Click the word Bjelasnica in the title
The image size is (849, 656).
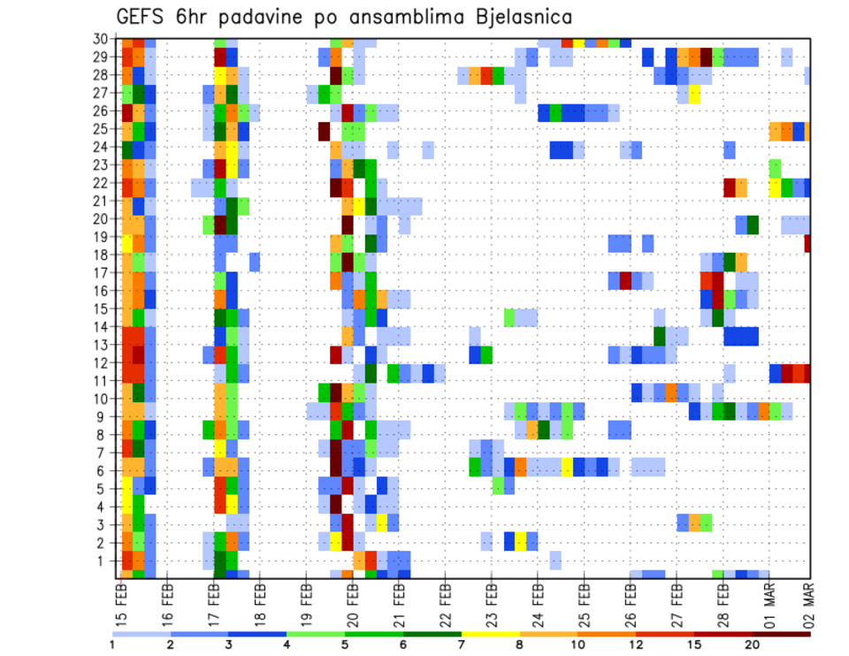coord(521,16)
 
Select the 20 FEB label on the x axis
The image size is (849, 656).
coord(353,601)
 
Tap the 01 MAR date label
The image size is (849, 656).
coord(770,601)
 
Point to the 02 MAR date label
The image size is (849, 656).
coord(808,601)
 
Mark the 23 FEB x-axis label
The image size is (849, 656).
coord(492,601)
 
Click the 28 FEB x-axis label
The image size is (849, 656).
coord(723,601)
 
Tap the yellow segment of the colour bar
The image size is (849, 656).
coord(491,634)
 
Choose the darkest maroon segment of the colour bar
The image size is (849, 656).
coord(782,634)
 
